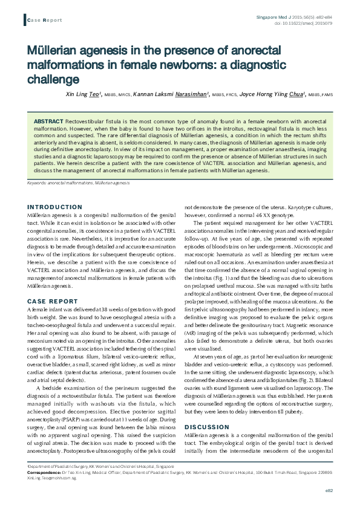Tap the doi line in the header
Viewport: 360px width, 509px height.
[x=315, y=23]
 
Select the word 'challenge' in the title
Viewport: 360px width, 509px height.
[x=54, y=80]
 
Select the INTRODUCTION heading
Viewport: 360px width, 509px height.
[x=54, y=207]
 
